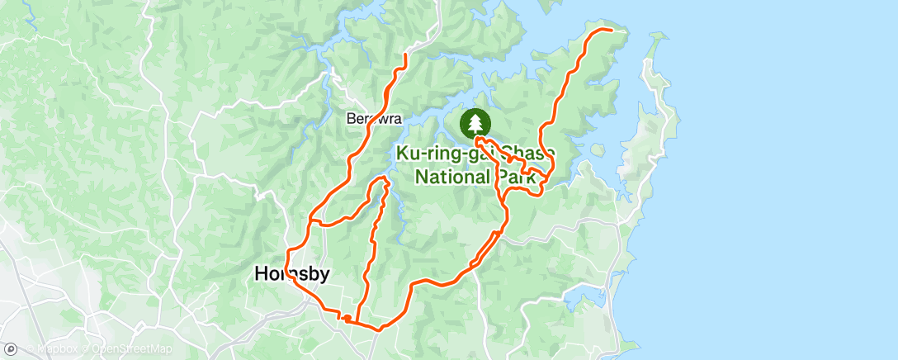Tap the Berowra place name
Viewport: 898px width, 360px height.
tap(373, 119)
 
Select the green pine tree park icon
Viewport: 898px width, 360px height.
tap(475, 124)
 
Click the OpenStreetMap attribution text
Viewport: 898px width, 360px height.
tap(132, 349)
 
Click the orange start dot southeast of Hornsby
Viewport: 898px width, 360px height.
tap(347, 318)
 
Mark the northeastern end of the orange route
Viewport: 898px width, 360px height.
tap(612, 29)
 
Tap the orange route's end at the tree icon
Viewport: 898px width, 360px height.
tap(477, 140)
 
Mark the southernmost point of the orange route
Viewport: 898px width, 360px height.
tap(377, 329)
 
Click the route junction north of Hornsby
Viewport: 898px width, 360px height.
tap(310, 221)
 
